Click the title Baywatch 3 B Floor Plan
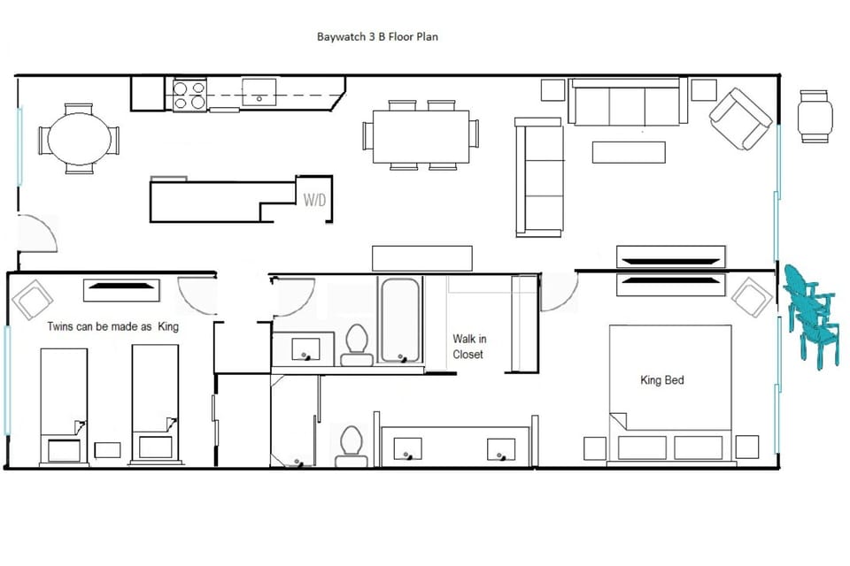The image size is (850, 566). click(x=377, y=37)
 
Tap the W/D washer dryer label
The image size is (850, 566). click(x=314, y=201)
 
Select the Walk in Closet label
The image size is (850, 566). click(x=469, y=346)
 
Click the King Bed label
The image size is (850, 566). click(x=661, y=380)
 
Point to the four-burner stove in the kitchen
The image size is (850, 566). click(x=190, y=95)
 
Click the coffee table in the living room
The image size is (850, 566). click(x=628, y=152)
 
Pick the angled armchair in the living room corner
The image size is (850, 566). click(x=740, y=119)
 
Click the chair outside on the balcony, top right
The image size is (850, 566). click(x=815, y=116)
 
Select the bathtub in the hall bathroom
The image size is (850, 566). click(x=400, y=320)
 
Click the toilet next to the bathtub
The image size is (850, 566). click(x=357, y=345)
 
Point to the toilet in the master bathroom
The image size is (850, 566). click(x=351, y=447)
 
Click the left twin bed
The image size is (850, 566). click(x=64, y=403)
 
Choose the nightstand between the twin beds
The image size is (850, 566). click(x=107, y=449)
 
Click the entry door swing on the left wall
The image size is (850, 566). click(x=37, y=233)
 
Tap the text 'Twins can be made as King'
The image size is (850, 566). click(x=112, y=326)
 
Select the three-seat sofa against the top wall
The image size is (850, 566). click(x=628, y=102)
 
